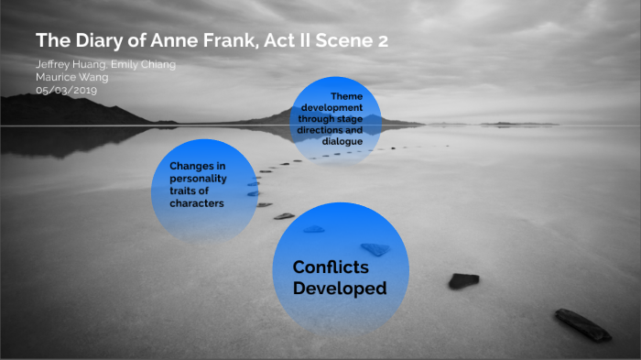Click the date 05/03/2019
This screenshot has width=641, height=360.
[x=67, y=90]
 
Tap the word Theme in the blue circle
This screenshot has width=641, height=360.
[x=346, y=98]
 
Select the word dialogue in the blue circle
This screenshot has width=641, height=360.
[x=342, y=141]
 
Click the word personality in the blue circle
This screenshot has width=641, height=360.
[x=198, y=178]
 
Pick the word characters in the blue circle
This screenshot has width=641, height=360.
[x=197, y=203]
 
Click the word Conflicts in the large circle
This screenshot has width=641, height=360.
[x=331, y=267]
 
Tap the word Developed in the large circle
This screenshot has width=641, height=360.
[x=340, y=289]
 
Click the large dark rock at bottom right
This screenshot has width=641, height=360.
[x=582, y=324]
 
